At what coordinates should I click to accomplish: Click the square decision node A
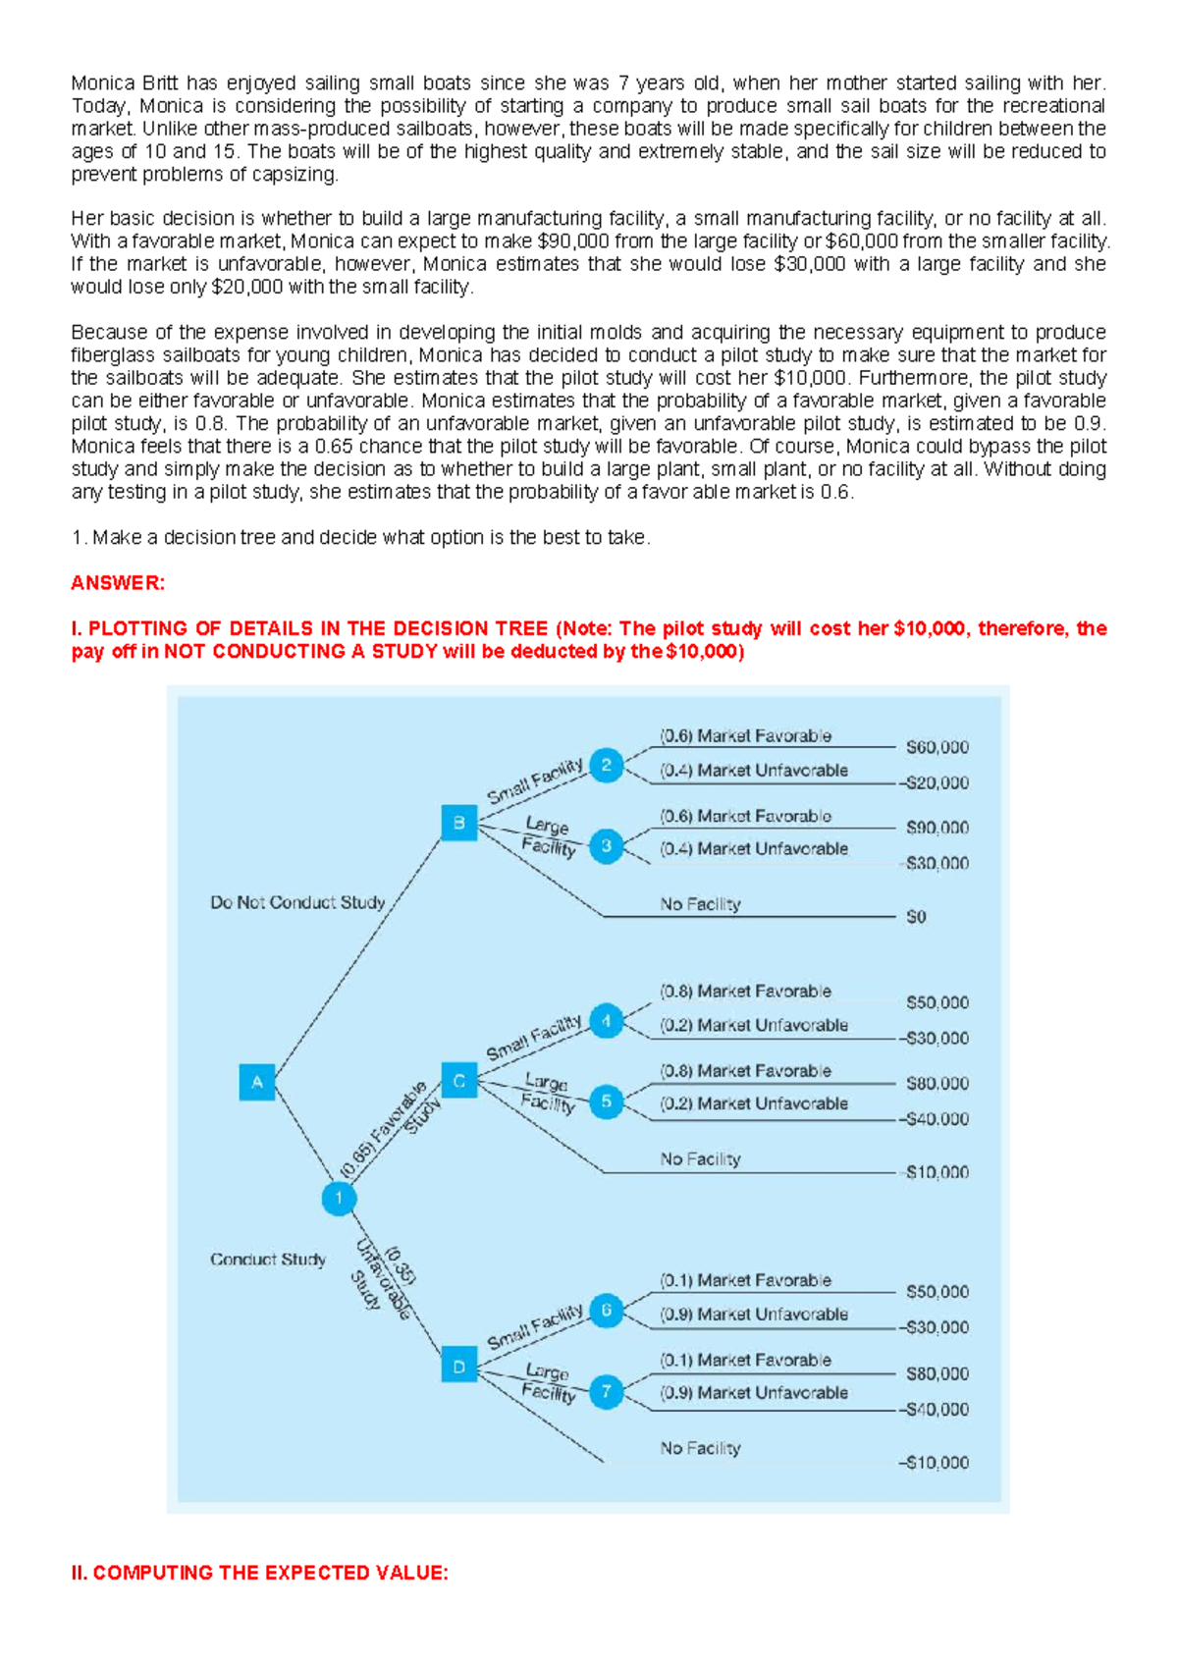(x=257, y=1082)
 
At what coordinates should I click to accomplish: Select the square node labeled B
(x=458, y=823)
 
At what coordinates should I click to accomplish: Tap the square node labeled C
(x=458, y=1081)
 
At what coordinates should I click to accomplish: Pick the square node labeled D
(x=458, y=1366)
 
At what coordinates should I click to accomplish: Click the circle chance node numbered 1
(x=339, y=1198)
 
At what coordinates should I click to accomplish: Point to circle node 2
(x=607, y=765)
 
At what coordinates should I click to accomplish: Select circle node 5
(x=607, y=1101)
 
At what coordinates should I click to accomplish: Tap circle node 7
(x=607, y=1390)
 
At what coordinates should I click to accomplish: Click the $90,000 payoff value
(x=937, y=828)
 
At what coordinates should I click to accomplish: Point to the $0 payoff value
(x=915, y=917)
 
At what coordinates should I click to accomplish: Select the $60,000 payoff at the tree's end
(x=937, y=747)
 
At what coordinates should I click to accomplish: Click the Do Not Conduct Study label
(x=297, y=902)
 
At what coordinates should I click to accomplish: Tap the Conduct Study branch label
(x=268, y=1260)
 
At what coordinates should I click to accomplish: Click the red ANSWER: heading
(x=118, y=583)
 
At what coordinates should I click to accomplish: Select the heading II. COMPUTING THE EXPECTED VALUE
(x=259, y=1573)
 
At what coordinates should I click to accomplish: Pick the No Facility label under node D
(x=700, y=1448)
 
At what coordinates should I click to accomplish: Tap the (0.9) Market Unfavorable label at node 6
(x=753, y=1315)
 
